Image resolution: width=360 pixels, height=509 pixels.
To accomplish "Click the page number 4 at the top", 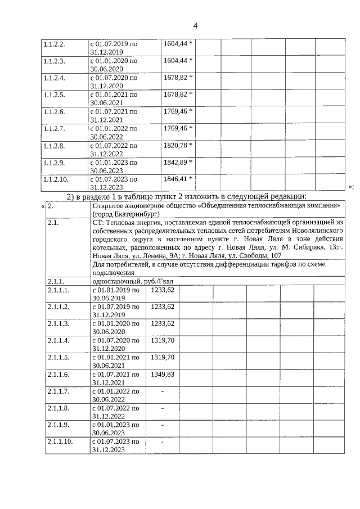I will click(x=195, y=26).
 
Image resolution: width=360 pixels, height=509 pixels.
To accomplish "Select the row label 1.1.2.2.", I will click(x=55, y=44).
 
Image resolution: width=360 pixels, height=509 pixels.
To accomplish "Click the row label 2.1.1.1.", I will click(x=58, y=290).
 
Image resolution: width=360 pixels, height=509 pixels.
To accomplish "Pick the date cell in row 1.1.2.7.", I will click(x=114, y=132).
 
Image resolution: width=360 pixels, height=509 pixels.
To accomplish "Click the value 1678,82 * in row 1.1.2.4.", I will click(x=178, y=78).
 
